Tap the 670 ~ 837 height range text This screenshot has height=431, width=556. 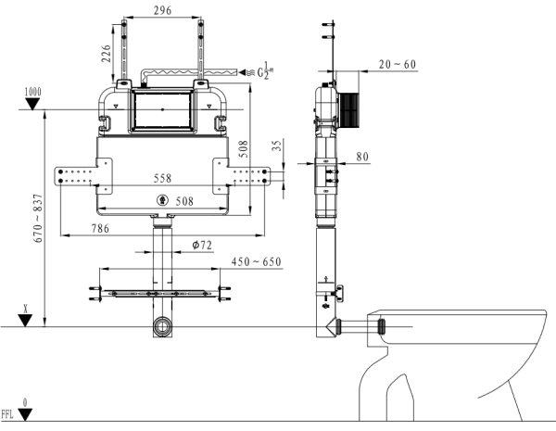[36, 220]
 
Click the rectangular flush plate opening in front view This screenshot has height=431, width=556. [163, 108]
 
